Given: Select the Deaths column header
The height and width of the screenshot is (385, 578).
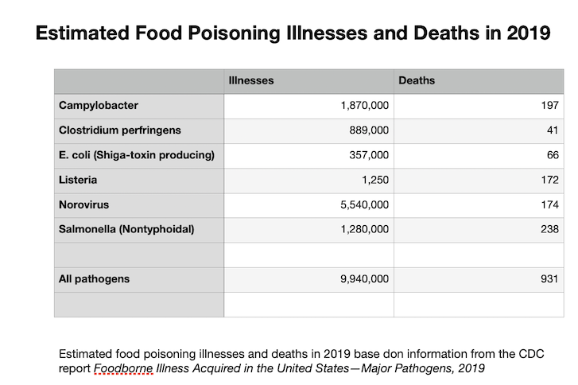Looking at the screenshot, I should tap(416, 80).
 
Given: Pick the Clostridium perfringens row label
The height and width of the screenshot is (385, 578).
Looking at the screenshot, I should tap(120, 130).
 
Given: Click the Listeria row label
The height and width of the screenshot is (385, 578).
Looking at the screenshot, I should tap(77, 180).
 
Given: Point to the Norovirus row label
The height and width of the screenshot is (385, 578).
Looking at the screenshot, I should tap(83, 204).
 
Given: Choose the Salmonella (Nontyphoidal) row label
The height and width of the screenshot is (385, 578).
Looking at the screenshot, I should tap(126, 230).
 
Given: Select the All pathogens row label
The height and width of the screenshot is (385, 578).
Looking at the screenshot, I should tap(94, 279).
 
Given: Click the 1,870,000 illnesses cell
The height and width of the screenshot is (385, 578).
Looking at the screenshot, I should tap(363, 106).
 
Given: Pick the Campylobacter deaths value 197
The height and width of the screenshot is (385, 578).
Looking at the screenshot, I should tap(548, 106).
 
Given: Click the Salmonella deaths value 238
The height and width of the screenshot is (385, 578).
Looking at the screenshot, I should tap(548, 230).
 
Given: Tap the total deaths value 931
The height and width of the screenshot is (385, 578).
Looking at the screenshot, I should tap(548, 279).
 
